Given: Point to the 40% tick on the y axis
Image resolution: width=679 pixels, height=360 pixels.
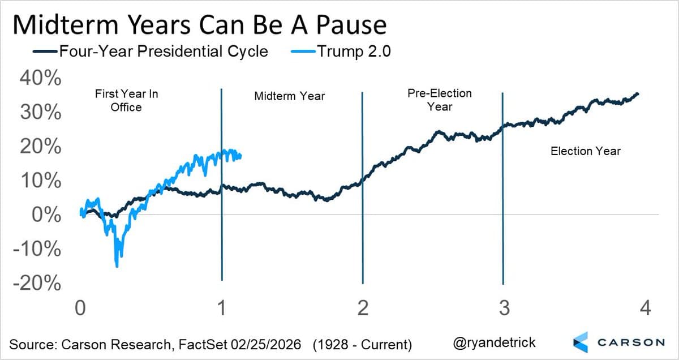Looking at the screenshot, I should tap(40, 79).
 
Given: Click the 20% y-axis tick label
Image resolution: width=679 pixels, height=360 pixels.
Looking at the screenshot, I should tap(40, 147).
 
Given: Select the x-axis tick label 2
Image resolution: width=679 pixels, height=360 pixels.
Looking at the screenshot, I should tap(363, 308).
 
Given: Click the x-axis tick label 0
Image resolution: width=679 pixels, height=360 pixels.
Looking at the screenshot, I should tap(80, 308).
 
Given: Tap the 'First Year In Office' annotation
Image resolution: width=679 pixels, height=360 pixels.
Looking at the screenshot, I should tap(126, 100).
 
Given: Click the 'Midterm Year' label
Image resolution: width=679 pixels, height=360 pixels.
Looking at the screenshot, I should tap(290, 96).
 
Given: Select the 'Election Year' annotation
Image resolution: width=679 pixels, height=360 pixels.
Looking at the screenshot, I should tap(586, 151).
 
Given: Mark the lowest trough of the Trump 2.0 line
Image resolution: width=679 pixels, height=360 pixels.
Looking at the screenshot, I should tap(117, 266).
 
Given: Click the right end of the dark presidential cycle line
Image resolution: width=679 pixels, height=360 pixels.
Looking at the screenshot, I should tap(638, 93).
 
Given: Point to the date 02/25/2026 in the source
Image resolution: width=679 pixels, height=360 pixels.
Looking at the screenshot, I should tap(266, 344).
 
